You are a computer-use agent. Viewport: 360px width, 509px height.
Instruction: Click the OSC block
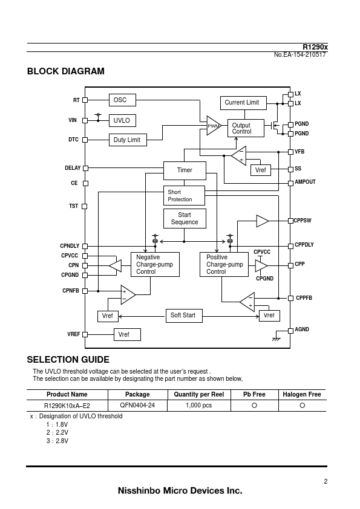(122, 100)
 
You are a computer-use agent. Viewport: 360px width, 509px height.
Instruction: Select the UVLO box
(122, 120)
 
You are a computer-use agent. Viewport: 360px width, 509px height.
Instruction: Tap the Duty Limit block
(128, 140)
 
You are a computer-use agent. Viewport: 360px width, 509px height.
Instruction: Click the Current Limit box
(243, 103)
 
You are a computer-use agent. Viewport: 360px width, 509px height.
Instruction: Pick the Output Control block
(246, 128)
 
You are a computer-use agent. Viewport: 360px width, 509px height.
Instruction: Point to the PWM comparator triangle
(214, 125)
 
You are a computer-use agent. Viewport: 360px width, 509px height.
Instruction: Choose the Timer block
(185, 170)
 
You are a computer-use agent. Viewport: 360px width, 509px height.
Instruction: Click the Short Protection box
(184, 195)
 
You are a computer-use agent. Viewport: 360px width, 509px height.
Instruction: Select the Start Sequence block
(185, 218)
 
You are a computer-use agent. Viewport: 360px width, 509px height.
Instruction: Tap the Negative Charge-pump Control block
(155, 265)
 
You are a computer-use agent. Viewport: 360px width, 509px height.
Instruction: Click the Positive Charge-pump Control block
(224, 265)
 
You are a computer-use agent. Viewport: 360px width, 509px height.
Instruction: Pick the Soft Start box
(184, 316)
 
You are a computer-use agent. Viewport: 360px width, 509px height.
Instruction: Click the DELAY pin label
(73, 168)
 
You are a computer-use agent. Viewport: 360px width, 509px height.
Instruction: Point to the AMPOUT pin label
(305, 182)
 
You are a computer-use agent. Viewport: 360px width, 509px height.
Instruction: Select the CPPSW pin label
(303, 221)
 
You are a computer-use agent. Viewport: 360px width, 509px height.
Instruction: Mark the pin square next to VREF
(85, 334)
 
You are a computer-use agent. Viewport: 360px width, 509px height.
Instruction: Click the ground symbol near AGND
(276, 339)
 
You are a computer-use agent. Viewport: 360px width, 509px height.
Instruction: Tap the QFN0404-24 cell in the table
(137, 405)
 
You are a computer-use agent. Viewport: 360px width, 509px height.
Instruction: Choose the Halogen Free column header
(302, 394)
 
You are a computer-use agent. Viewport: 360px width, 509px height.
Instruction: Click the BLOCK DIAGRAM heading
(65, 71)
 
